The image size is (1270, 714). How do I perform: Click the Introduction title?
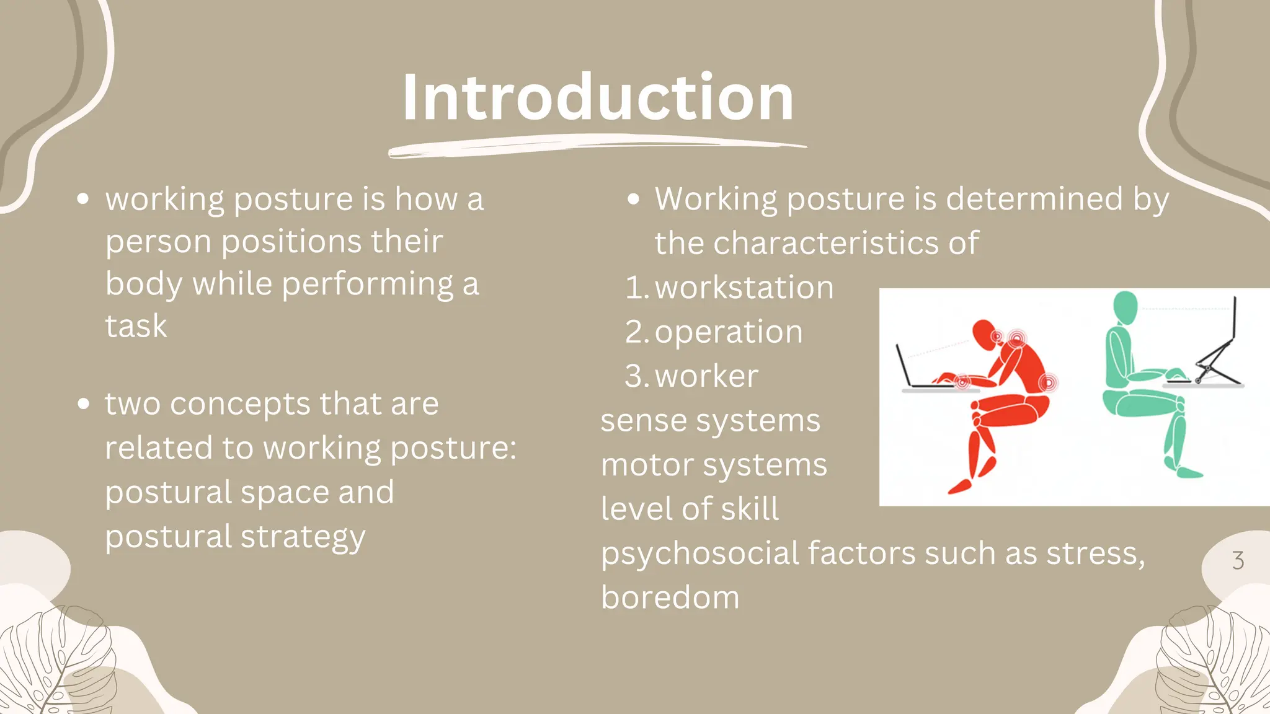598,97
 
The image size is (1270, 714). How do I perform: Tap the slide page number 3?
1238,560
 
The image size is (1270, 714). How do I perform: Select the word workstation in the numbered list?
744,288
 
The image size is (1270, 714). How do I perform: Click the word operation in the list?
729,332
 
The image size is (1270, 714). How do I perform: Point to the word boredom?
670,597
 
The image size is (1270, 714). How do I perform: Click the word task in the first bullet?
136,326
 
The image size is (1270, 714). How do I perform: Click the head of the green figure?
1125,307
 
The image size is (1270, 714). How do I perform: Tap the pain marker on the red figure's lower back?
1048,382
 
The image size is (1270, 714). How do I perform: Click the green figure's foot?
1188,473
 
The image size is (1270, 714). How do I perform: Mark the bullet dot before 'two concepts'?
84,404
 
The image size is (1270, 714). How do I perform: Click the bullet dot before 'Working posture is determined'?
633,200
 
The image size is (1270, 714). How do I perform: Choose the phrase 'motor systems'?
714,465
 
